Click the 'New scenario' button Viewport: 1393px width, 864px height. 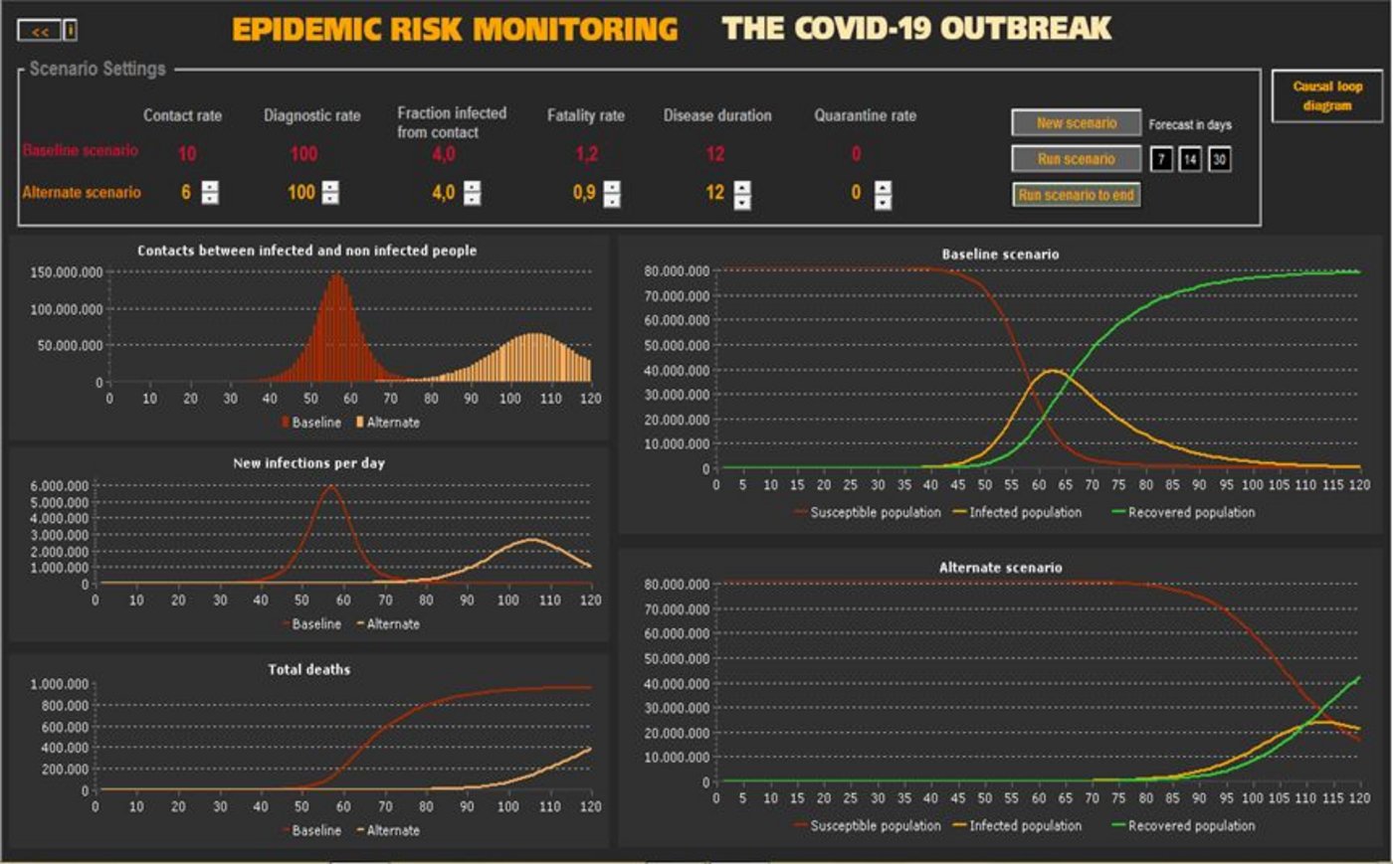[1076, 123]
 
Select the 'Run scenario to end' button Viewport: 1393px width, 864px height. [1076, 195]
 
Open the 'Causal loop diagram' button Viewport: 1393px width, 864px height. [1327, 96]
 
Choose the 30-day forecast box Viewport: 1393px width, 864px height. [1219, 159]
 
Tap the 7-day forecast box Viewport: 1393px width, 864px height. [1161, 159]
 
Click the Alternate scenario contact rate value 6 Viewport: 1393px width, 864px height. [185, 192]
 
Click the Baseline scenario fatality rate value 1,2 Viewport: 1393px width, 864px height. [586, 154]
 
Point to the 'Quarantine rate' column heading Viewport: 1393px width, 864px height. [865, 115]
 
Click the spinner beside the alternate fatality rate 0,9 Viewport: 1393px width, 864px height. [612, 193]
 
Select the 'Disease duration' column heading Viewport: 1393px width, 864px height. [716, 115]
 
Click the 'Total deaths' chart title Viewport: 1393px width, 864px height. [308, 669]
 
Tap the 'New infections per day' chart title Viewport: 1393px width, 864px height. [308, 463]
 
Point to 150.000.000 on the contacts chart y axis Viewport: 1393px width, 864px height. [67, 272]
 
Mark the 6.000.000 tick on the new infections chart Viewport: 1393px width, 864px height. [59, 486]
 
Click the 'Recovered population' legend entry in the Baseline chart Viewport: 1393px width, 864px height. [1190, 513]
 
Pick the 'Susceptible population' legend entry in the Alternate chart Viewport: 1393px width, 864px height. [874, 826]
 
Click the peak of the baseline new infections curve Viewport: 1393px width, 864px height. [330, 486]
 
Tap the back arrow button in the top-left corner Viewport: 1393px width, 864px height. [40, 32]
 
